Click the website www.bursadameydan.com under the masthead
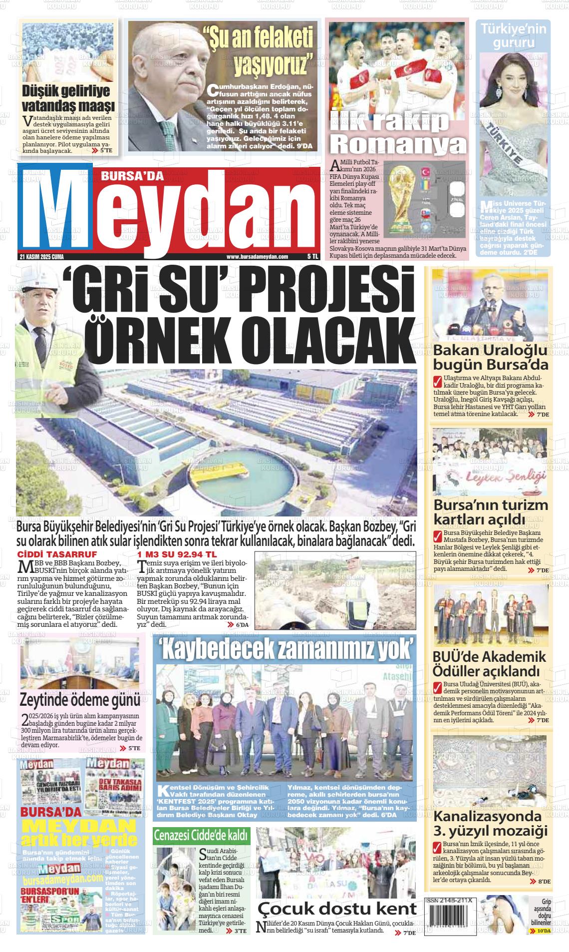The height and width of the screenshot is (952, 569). tap(257, 257)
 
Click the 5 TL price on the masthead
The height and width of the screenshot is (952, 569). tap(312, 257)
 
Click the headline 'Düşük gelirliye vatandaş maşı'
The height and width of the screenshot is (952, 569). tap(68, 98)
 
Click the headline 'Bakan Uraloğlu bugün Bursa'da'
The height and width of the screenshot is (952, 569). tap(491, 357)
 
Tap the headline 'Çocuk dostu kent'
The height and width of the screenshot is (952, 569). tap(337, 908)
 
